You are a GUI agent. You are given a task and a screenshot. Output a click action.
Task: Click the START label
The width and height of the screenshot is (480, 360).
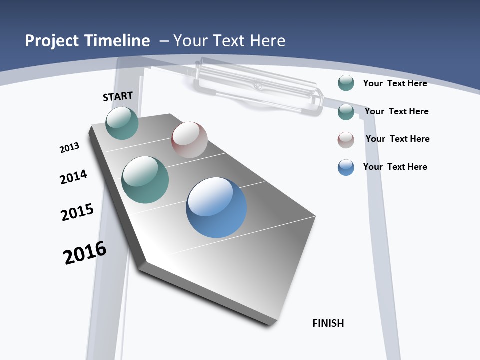[118, 96]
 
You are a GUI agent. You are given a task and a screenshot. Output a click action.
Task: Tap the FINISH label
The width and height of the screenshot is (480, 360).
[328, 323]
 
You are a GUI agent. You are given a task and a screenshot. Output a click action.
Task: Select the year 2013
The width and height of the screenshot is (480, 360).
[69, 148]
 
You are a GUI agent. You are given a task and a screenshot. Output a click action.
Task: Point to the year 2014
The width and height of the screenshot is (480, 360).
[73, 177]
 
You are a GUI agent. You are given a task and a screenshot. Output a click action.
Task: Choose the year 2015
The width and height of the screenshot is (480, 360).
[77, 212]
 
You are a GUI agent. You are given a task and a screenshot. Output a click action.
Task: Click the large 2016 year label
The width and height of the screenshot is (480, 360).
[85, 253]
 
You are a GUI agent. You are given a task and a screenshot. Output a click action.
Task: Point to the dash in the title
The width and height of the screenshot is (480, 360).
[164, 41]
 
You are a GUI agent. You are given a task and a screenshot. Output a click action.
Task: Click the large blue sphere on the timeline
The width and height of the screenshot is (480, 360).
[216, 207]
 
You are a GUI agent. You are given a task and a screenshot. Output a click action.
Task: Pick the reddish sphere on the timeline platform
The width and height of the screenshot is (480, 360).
[189, 140]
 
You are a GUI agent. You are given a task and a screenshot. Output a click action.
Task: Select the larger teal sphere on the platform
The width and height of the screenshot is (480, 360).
[145, 180]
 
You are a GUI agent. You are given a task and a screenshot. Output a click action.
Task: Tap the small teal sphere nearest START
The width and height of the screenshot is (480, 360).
[122, 123]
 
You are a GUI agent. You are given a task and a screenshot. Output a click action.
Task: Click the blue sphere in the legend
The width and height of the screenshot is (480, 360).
[346, 167]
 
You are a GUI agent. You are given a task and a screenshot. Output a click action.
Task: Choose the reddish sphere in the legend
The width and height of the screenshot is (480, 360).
[346, 140]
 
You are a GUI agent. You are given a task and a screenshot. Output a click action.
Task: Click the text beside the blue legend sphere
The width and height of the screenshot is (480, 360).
[395, 167]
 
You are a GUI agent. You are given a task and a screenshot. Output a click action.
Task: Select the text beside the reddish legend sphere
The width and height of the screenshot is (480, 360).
[397, 139]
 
